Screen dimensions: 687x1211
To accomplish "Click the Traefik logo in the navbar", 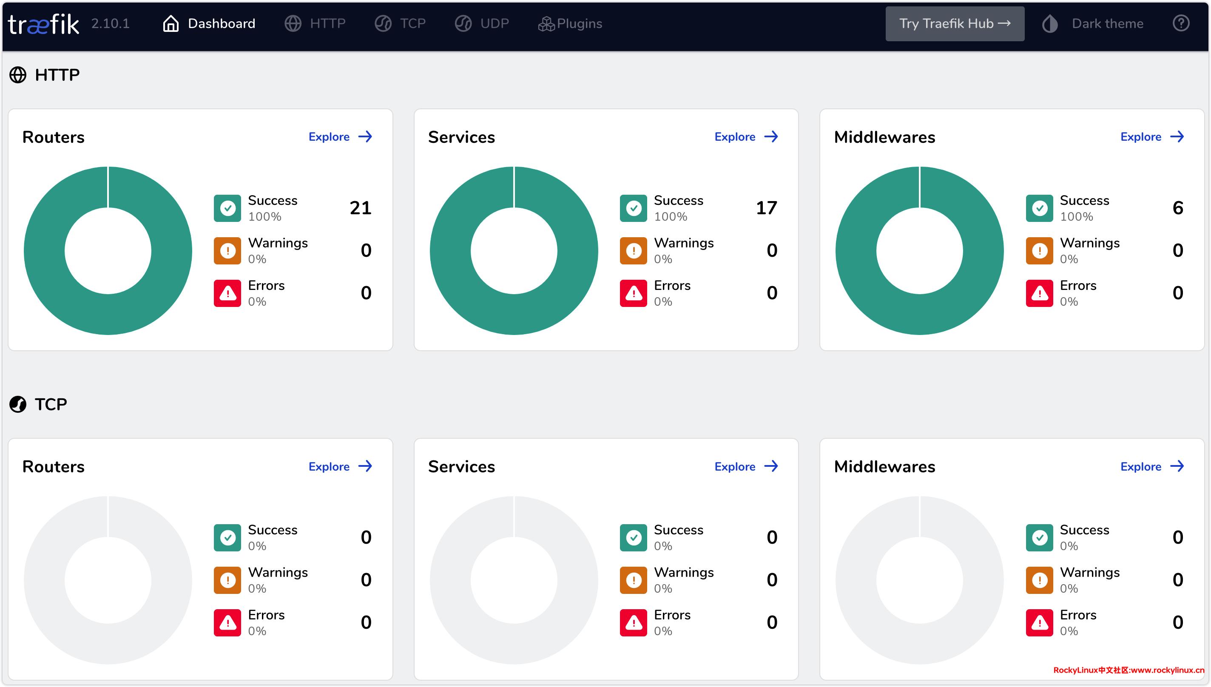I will [43, 23].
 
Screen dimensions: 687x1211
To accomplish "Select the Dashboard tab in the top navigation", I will [209, 23].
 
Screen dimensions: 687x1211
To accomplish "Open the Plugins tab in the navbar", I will [570, 23].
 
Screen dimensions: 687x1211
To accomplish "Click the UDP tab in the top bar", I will [482, 23].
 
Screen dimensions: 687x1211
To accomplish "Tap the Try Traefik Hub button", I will [954, 23].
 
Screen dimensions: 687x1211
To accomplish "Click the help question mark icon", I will [1181, 23].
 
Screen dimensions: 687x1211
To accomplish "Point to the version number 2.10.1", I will [111, 23].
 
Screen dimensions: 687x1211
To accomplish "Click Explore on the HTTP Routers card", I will [340, 137].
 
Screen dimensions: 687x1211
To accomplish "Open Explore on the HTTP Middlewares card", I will [1152, 137].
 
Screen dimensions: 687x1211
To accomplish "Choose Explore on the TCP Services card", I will [746, 467].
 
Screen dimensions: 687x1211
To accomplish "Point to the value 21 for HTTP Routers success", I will [361, 208].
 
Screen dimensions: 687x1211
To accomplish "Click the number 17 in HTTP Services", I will [766, 208].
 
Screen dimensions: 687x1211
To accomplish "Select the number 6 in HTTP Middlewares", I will [1177, 208].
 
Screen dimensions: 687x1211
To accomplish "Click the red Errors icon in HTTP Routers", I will [227, 293].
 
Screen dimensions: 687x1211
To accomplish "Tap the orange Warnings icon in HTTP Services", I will [633, 251].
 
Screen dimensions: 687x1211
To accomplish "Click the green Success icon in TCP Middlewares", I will [1039, 537].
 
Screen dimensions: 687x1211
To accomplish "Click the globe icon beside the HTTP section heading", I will [18, 75].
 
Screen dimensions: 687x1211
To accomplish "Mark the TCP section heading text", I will [51, 404].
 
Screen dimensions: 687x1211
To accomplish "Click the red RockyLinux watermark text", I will [1129, 670].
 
